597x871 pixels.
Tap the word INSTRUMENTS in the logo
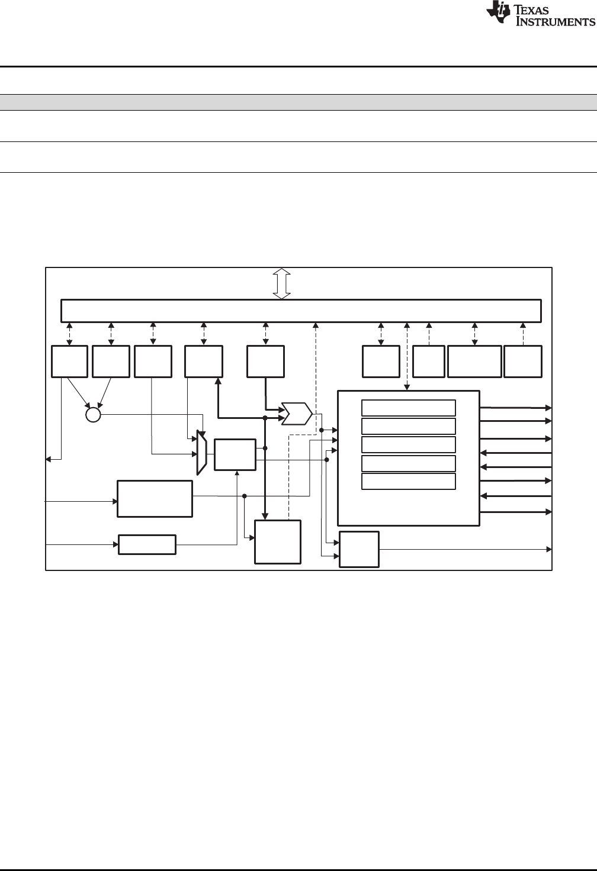point(556,22)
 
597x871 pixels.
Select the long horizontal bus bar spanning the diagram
point(301,311)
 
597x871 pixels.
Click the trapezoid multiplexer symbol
point(201,452)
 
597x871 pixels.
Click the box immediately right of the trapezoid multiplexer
point(235,454)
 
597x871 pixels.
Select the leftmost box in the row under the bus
point(69,362)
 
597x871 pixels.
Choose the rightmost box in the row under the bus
point(522,362)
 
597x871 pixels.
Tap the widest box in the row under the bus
point(474,362)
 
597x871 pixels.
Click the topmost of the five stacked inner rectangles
point(408,408)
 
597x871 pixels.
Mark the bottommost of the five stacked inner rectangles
point(408,481)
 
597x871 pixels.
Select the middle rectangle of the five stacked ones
point(408,444)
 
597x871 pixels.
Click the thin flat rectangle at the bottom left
point(147,544)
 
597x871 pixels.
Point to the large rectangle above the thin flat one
point(155,499)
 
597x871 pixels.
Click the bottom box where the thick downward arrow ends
point(277,542)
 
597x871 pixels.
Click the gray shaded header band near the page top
point(298,102)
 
